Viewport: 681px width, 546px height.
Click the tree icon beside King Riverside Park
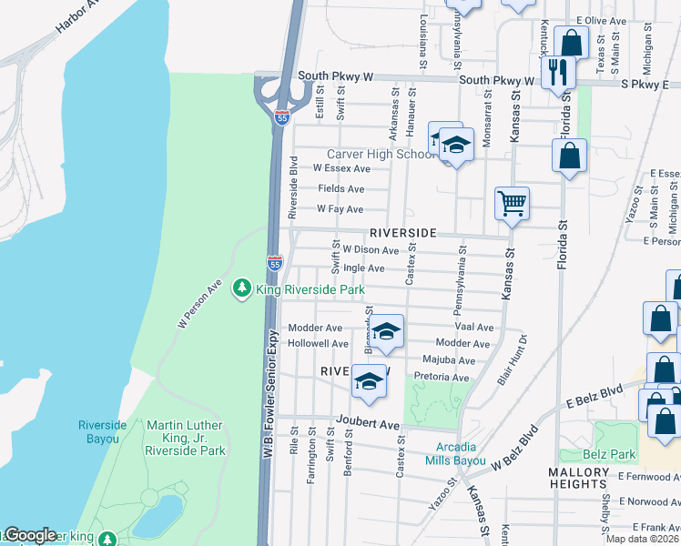242,288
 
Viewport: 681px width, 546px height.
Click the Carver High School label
382,154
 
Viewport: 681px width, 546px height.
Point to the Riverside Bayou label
98,431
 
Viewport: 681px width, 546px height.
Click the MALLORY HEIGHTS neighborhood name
578,479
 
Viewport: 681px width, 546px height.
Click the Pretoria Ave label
441,377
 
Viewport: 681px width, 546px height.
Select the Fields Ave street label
340,188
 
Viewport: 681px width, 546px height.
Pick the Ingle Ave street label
363,268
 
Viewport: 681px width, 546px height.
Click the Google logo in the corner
29,535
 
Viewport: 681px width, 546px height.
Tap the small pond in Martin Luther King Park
158,515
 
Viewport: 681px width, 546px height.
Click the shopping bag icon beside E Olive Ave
571,42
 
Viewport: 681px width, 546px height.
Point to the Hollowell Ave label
318,344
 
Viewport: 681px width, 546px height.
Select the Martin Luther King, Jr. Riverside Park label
186,438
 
